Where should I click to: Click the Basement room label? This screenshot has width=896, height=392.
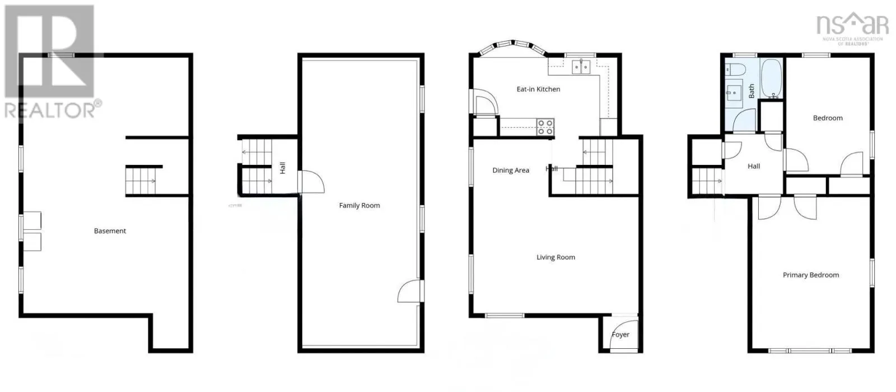[110, 231]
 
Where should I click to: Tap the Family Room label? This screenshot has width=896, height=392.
[359, 206]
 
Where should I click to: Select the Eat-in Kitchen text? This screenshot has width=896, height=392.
[538, 89]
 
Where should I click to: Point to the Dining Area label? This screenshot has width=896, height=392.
[510, 170]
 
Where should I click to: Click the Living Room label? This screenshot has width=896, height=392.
[556, 257]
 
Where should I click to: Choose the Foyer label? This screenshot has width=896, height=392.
[620, 335]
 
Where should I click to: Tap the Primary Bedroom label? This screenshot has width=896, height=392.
[810, 275]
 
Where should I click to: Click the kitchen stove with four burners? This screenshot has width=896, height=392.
[545, 127]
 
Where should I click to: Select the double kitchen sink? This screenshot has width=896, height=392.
[581, 67]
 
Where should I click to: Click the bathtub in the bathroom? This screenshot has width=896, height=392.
[773, 78]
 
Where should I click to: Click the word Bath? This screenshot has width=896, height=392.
[752, 91]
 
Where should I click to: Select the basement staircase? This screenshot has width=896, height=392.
[141, 181]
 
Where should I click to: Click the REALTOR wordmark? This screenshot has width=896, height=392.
[53, 110]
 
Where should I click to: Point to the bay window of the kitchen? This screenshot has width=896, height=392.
[513, 45]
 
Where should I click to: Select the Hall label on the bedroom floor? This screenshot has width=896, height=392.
[754, 167]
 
